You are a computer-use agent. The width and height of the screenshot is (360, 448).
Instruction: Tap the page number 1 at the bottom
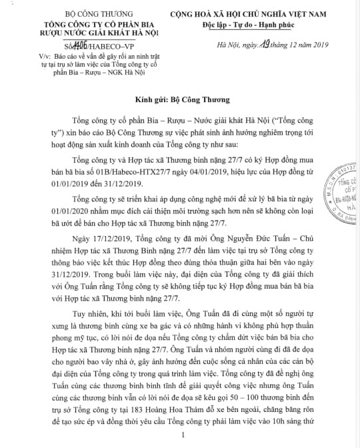(181, 435)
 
